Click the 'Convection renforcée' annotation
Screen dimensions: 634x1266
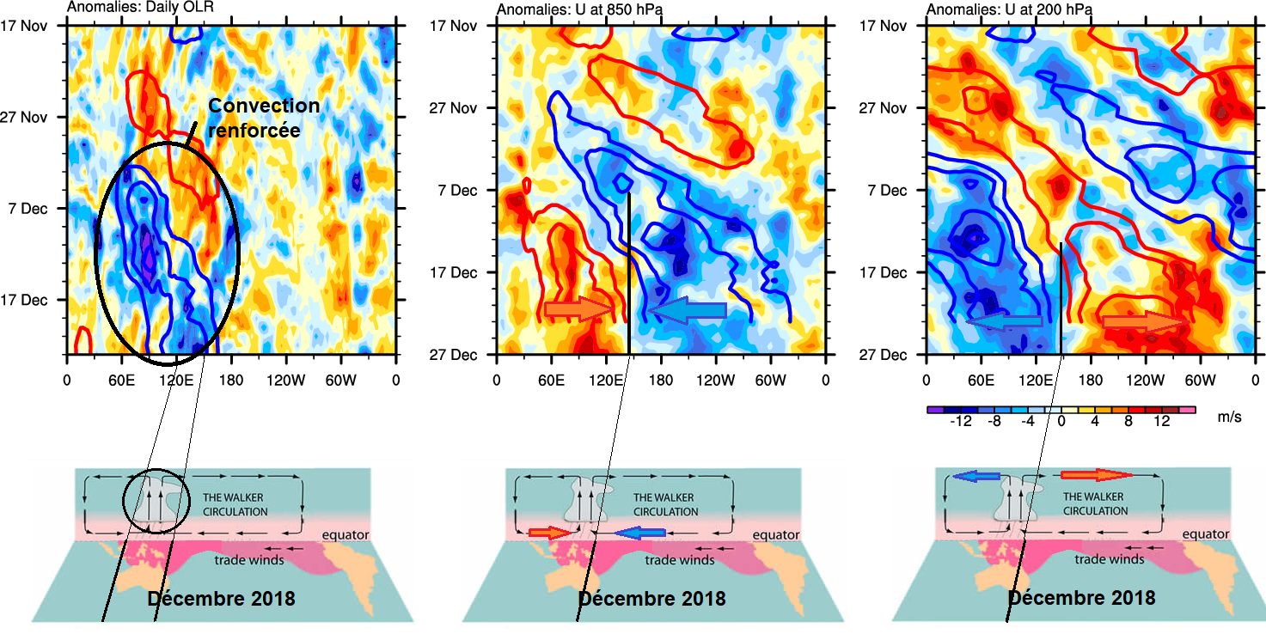click(264, 118)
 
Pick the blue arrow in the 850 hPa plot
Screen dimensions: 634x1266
click(687, 309)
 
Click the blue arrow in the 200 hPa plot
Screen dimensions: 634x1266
click(1005, 321)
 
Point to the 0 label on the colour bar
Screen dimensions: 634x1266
click(1061, 422)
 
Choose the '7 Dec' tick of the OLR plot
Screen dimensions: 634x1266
click(35, 208)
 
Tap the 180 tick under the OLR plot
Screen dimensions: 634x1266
click(231, 379)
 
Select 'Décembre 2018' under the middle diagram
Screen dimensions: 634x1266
click(651, 598)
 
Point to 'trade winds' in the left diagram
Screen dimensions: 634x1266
click(249, 560)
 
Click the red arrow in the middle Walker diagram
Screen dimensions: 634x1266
click(550, 533)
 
